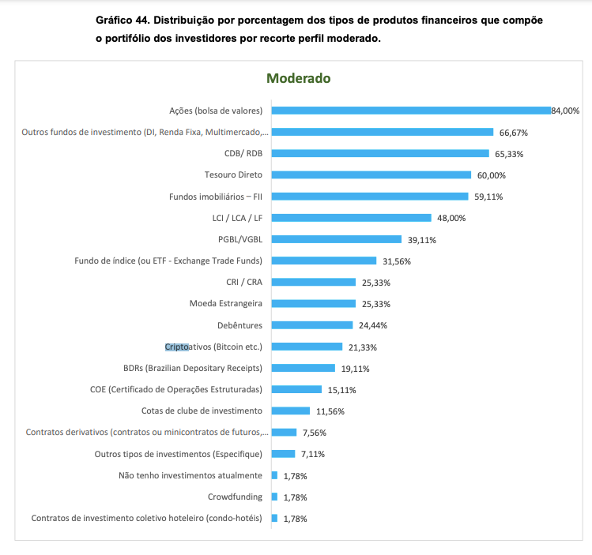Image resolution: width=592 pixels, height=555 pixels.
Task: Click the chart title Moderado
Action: [x=298, y=78]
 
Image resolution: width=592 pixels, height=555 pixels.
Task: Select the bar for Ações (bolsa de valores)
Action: [x=410, y=111]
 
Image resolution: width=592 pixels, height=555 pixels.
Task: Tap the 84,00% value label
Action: [x=565, y=111]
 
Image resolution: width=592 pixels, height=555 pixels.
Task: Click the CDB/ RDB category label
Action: [x=243, y=153]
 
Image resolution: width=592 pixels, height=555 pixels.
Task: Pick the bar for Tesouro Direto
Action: [x=371, y=174]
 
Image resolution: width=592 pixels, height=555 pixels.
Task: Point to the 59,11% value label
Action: [x=488, y=197]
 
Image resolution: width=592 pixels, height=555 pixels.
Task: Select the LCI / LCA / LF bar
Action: [x=351, y=218]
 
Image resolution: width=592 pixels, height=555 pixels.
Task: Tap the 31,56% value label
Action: [x=397, y=261]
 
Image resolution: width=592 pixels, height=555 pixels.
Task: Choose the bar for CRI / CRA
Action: [x=313, y=282]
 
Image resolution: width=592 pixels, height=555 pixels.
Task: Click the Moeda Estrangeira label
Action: [x=226, y=303]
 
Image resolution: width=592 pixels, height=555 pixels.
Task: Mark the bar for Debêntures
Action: [x=311, y=324]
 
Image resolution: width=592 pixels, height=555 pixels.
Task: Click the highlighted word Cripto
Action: [x=177, y=346]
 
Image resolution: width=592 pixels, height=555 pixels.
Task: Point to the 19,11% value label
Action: [x=356, y=369]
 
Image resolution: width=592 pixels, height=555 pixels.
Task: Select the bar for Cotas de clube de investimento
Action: [x=290, y=411]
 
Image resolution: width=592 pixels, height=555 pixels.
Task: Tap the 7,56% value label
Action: [x=314, y=433]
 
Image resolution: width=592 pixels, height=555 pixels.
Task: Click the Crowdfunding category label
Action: [x=235, y=497]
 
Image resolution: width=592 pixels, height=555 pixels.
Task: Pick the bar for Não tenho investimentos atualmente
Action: [x=274, y=475]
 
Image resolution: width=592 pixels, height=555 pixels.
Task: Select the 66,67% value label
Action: [x=513, y=133]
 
